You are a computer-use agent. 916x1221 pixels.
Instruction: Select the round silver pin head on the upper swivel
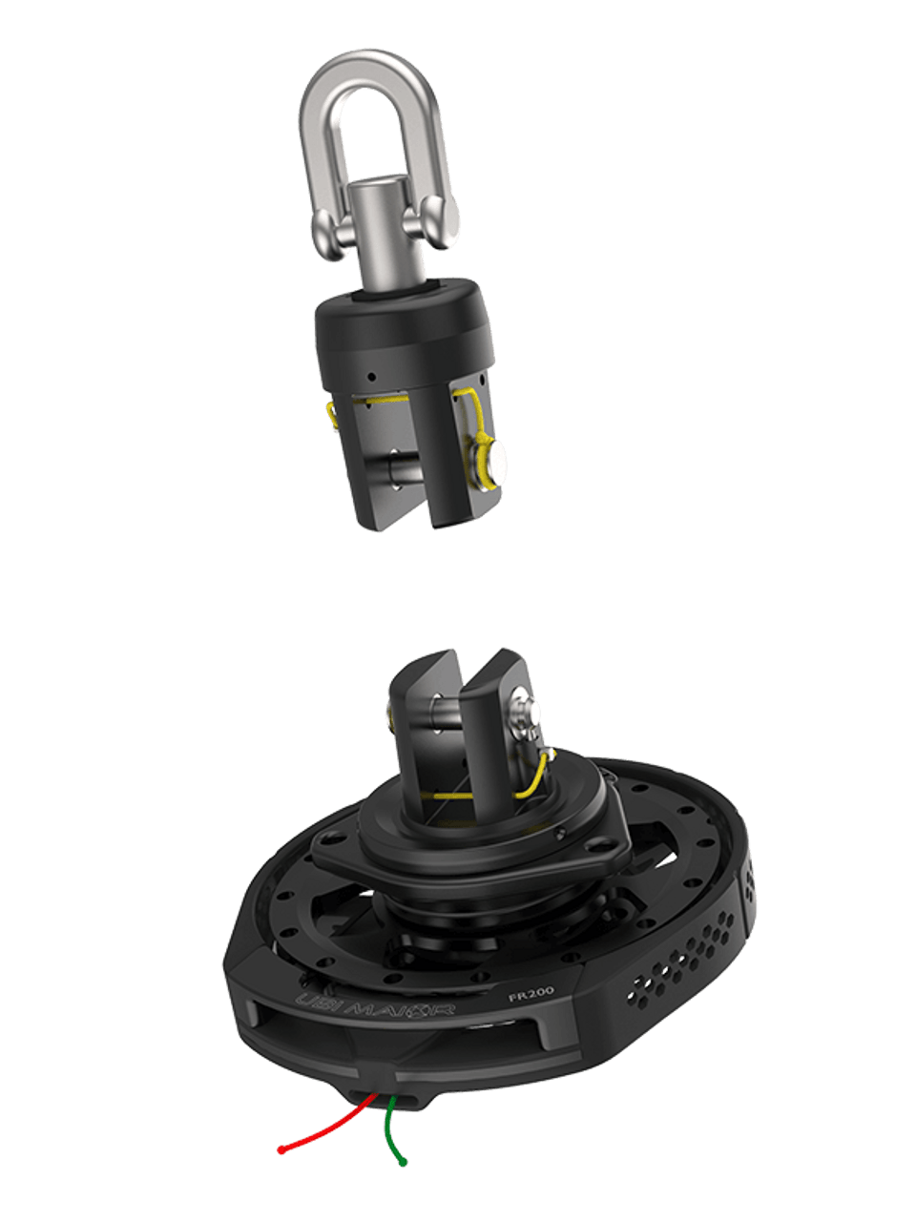point(489,460)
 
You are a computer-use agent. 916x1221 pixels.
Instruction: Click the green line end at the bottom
point(405,1163)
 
